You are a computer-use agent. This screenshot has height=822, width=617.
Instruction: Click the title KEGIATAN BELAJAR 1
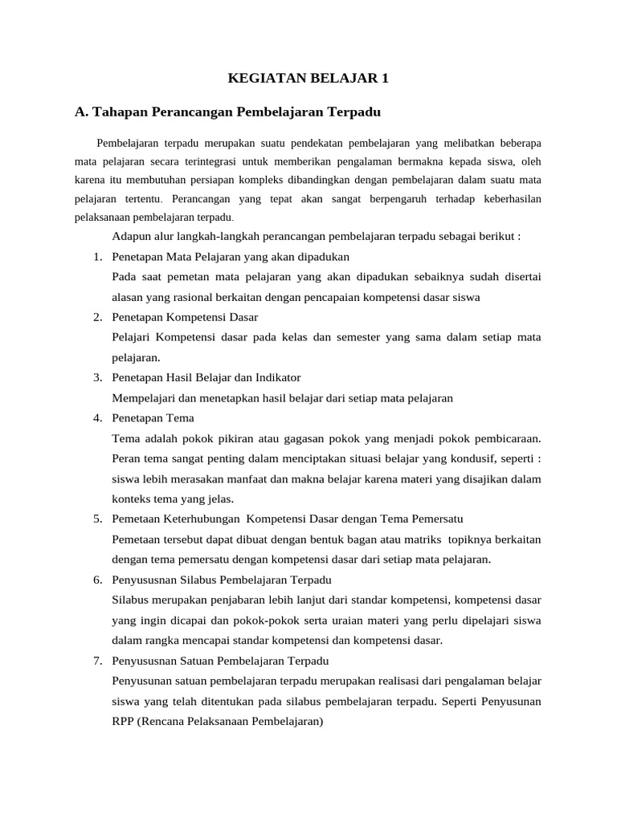coord(308,78)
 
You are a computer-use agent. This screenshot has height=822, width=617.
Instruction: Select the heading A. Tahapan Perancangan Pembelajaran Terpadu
coord(227,112)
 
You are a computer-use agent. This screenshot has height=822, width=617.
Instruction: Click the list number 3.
coord(96,377)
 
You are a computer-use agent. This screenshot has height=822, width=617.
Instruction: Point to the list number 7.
coord(96,661)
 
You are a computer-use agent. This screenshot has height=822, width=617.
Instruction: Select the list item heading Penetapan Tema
coord(153,418)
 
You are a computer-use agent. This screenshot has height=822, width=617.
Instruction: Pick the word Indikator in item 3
coord(275,377)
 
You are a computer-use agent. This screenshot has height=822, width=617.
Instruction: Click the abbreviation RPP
coord(127,721)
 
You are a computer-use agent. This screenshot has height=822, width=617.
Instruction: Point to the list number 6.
coord(96,580)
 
